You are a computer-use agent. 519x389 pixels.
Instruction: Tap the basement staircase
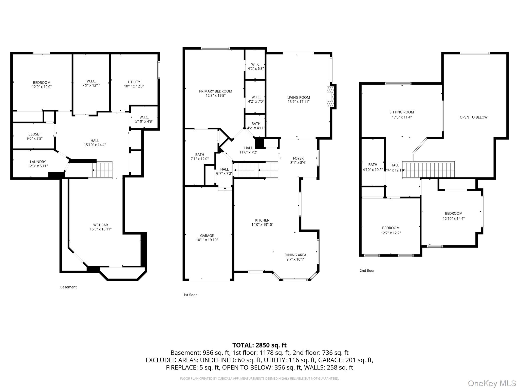pos(102,170)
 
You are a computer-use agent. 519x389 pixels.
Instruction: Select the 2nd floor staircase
pos(428,170)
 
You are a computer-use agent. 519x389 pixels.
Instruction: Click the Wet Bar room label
pos(101,225)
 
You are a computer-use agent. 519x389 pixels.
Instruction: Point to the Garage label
pos(207,236)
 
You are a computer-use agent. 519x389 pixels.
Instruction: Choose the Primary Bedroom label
pos(215,91)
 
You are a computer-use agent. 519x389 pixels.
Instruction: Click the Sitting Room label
pos(402,112)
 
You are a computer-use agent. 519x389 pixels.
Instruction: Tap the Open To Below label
pos(473,117)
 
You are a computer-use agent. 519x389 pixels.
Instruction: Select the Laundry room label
pos(38,162)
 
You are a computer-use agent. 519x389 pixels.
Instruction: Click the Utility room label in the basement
pos(134,82)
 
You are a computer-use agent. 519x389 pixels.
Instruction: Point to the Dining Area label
pos(295,255)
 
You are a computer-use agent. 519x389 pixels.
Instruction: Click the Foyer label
pos(298,159)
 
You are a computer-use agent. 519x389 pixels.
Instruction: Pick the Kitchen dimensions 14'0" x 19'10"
pos(262,225)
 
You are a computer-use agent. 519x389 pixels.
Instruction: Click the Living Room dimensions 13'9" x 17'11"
pos(299,102)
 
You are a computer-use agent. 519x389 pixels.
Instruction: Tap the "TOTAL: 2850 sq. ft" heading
pos(259,345)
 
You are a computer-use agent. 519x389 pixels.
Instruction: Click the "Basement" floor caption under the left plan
pos(68,287)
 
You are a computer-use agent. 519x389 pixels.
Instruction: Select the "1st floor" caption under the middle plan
pos(190,295)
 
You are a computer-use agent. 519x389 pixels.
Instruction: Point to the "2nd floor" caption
pos(367,270)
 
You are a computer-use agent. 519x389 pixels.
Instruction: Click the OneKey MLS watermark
pos(492,383)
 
